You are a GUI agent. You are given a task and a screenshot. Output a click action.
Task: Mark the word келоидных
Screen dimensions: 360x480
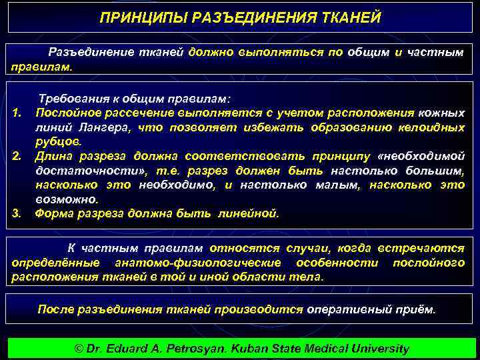[x=431, y=127]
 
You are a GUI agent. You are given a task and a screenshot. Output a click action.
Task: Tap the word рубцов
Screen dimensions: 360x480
[x=58, y=141]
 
